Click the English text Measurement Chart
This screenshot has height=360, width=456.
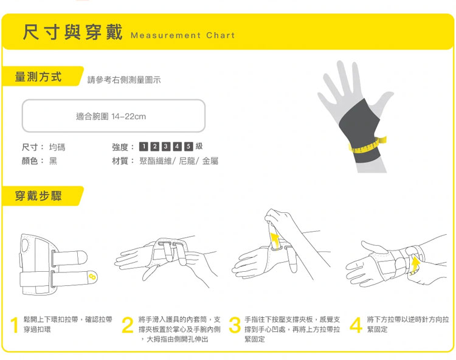pos(182,35)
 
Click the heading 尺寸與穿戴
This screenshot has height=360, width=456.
pos(73,32)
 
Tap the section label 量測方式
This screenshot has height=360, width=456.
pos(38,77)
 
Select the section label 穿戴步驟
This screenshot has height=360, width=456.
pos(38,196)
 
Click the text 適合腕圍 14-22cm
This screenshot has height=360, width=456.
pos(111,116)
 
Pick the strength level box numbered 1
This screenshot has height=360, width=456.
pos(143,147)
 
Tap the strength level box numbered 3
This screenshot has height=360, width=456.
pos(166,147)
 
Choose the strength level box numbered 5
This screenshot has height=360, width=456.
pos(188,147)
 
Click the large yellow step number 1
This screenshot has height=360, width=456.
pos(15,325)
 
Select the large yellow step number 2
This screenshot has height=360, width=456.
pos(128,325)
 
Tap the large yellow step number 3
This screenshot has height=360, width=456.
pos(235,325)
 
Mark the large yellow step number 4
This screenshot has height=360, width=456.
pos(356,325)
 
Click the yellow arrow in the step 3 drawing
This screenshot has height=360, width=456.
pos(275,240)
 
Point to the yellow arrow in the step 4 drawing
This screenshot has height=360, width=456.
pos(415,264)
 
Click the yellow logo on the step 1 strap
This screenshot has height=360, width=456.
pos(92,276)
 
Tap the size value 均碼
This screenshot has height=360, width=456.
pos(57,147)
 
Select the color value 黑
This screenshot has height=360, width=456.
pos(53,161)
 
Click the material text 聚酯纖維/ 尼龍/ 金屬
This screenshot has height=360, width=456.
pos(179,161)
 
